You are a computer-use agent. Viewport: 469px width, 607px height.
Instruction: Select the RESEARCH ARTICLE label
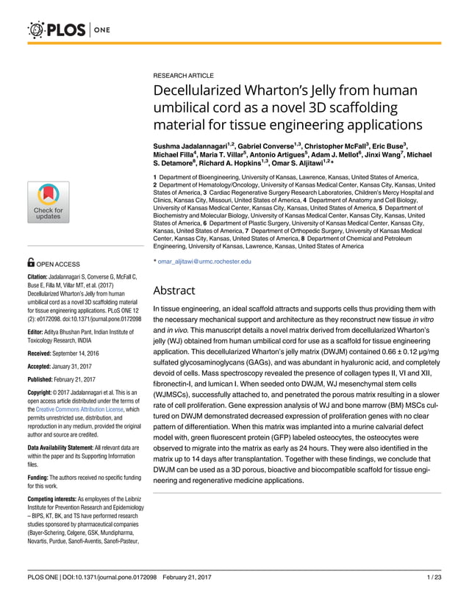[x=183, y=76]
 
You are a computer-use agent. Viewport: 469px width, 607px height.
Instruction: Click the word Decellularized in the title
[x=198, y=90]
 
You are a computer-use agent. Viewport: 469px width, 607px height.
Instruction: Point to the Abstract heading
[x=173, y=290]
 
